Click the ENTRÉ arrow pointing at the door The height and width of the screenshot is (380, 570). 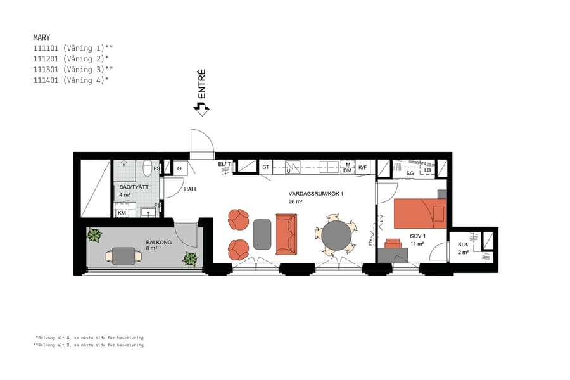(201, 109)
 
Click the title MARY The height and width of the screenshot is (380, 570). (42, 37)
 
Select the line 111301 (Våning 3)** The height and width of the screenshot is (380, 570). (73, 69)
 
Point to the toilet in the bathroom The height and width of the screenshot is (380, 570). (147, 168)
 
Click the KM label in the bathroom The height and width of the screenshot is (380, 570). (122, 213)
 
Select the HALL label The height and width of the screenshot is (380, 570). (191, 189)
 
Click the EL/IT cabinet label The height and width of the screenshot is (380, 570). (224, 165)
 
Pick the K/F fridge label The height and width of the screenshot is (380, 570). (363, 168)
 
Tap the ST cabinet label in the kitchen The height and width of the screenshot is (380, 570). (266, 168)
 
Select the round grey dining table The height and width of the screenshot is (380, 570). (336, 236)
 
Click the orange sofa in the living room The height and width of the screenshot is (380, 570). (286, 234)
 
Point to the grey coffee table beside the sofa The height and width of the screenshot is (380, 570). (262, 234)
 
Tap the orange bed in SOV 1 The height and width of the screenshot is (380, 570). (420, 213)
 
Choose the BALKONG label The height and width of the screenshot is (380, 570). (158, 242)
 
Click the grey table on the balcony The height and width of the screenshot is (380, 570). (124, 256)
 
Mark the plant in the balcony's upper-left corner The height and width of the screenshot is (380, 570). (94, 236)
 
